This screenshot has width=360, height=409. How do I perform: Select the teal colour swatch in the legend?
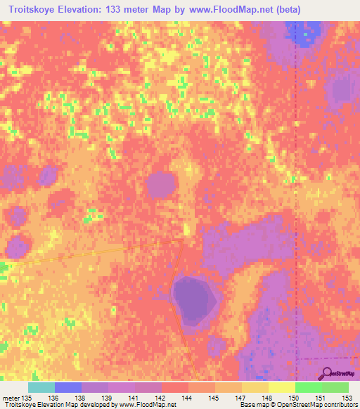[x=41, y=387]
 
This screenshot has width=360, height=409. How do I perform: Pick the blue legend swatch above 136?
[x=67, y=387]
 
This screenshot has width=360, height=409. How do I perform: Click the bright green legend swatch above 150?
[x=307, y=387]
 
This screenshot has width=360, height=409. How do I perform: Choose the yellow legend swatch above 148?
[x=281, y=387]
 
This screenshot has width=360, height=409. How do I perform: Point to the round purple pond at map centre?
[x=161, y=186]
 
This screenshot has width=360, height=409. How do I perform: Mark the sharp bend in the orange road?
[x=181, y=242]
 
